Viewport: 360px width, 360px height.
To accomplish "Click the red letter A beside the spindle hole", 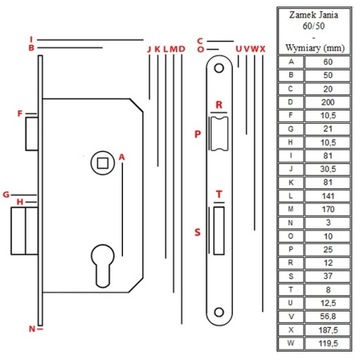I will [x=120, y=156].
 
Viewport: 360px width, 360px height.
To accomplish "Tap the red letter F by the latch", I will [x=19, y=114].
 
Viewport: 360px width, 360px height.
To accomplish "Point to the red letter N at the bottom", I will [x=32, y=327].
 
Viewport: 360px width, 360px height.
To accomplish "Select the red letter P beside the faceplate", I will [x=197, y=132].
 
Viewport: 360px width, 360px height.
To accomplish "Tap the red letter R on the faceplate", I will [x=218, y=104].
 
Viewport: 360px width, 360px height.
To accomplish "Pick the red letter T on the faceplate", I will [x=219, y=196].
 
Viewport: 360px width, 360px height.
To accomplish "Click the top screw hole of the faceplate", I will [x=218, y=66].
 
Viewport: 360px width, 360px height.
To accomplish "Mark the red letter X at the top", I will [x=263, y=47].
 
